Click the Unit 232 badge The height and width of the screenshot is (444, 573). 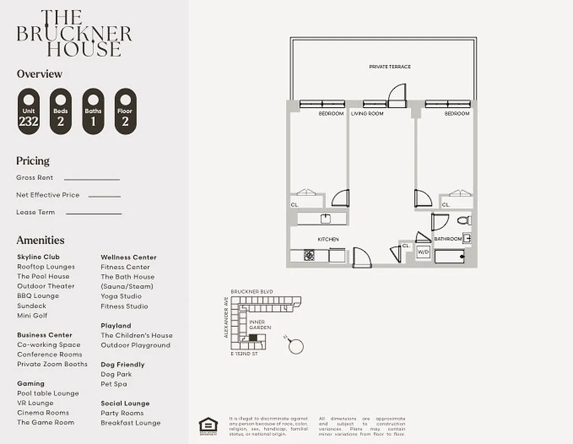tap(28, 112)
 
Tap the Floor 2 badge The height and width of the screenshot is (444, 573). tap(125, 112)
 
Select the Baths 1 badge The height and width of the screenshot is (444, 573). tap(93, 112)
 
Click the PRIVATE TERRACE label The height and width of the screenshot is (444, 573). tap(390, 67)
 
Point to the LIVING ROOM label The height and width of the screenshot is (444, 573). tap(367, 114)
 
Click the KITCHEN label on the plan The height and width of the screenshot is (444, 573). tap(328, 239)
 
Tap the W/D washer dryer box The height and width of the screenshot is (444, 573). tap(423, 252)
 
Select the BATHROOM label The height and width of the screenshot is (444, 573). tap(448, 239)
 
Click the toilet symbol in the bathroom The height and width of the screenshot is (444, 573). tap(464, 220)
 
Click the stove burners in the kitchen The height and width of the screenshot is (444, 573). tap(309, 255)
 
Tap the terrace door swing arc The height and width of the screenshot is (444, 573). tap(397, 95)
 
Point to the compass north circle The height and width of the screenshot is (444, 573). tap(296, 346)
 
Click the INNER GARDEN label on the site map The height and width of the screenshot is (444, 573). tap(260, 325)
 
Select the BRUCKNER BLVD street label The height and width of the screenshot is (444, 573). tap(252, 291)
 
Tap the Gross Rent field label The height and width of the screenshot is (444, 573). tap(35, 178)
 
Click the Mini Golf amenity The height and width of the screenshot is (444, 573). tap(32, 315)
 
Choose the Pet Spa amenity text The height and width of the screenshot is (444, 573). tap(114, 384)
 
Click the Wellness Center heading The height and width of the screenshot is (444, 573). tap(129, 257)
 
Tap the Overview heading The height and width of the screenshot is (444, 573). tap(39, 74)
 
